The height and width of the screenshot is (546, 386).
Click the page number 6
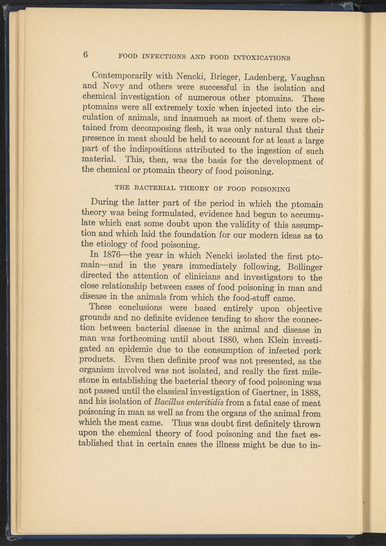point(86,55)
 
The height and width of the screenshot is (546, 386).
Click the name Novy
point(114,86)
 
